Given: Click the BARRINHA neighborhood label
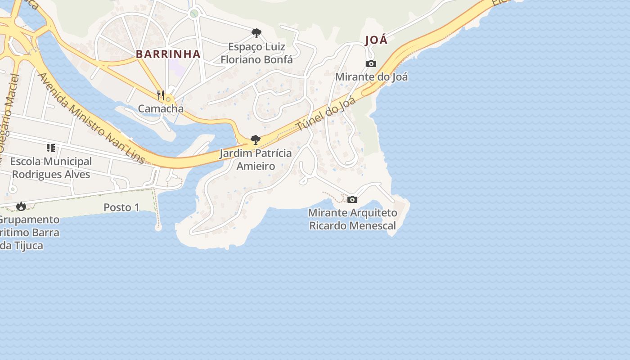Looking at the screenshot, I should [x=168, y=54].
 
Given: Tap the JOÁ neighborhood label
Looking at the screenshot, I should [x=376, y=40].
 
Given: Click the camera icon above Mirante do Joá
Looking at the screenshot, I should [x=371, y=64].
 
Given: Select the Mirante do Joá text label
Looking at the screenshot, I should [x=371, y=77].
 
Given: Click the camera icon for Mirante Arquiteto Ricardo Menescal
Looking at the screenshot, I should [x=352, y=199].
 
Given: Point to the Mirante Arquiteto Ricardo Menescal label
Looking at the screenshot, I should [x=353, y=219].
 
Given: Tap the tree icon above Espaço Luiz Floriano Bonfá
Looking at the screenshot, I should [x=256, y=33].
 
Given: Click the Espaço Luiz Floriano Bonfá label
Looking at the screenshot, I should [x=256, y=53].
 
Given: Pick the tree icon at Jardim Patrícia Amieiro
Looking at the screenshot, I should [x=255, y=140].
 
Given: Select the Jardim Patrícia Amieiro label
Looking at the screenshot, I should [x=256, y=160].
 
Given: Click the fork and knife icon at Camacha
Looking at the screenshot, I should [x=160, y=95].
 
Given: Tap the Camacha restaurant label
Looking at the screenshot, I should [x=161, y=109].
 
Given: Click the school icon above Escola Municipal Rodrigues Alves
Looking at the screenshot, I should [x=51, y=148].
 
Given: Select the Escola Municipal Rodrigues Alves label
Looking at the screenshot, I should [x=51, y=168].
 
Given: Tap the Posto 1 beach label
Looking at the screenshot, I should [x=121, y=207].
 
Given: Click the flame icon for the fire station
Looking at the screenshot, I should [x=21, y=206].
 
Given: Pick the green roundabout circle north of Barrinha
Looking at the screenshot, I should [x=194, y=13].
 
